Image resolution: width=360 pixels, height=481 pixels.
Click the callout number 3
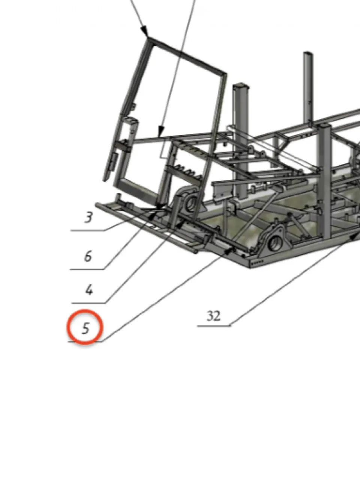[x=89, y=217]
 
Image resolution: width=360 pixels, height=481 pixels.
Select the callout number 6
[x=88, y=256]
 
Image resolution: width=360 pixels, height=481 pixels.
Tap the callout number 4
[x=89, y=290]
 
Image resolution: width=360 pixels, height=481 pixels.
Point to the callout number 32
[x=214, y=316]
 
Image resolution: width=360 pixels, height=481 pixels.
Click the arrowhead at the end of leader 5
[x=229, y=251]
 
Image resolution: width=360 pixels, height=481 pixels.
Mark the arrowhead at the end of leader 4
[x=180, y=225]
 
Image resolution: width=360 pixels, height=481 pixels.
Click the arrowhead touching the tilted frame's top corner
[x=145, y=31]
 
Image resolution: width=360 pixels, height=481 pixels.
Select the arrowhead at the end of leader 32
[x=354, y=236]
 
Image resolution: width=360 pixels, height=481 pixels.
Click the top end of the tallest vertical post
[x=308, y=53]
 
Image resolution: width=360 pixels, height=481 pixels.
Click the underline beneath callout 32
[x=214, y=326]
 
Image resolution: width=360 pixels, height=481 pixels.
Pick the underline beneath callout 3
[x=87, y=230]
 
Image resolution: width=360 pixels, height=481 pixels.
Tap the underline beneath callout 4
[x=89, y=303]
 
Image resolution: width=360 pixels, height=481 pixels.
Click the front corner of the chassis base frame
[x=250, y=267]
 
